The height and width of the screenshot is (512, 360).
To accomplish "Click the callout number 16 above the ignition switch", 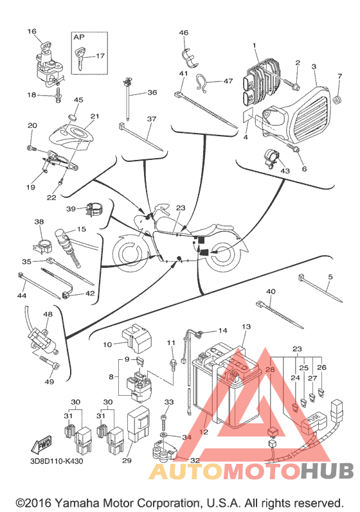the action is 32,31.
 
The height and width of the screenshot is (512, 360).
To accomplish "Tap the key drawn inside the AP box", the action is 79,59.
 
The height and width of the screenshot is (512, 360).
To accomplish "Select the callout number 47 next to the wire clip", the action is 228,80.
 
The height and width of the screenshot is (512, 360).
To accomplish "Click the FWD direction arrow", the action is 42,444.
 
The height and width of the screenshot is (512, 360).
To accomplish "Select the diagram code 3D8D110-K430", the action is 57,461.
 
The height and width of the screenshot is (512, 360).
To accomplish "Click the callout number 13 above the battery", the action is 246,326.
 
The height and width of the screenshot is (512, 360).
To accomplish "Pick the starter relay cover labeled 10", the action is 136,338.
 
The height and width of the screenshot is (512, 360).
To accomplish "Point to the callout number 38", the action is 39,222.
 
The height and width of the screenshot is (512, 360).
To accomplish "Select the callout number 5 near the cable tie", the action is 330,277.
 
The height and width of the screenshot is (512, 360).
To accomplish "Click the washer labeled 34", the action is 163,435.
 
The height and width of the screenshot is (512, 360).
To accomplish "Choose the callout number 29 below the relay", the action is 127,460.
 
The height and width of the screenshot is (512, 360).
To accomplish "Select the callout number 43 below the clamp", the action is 285,170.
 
